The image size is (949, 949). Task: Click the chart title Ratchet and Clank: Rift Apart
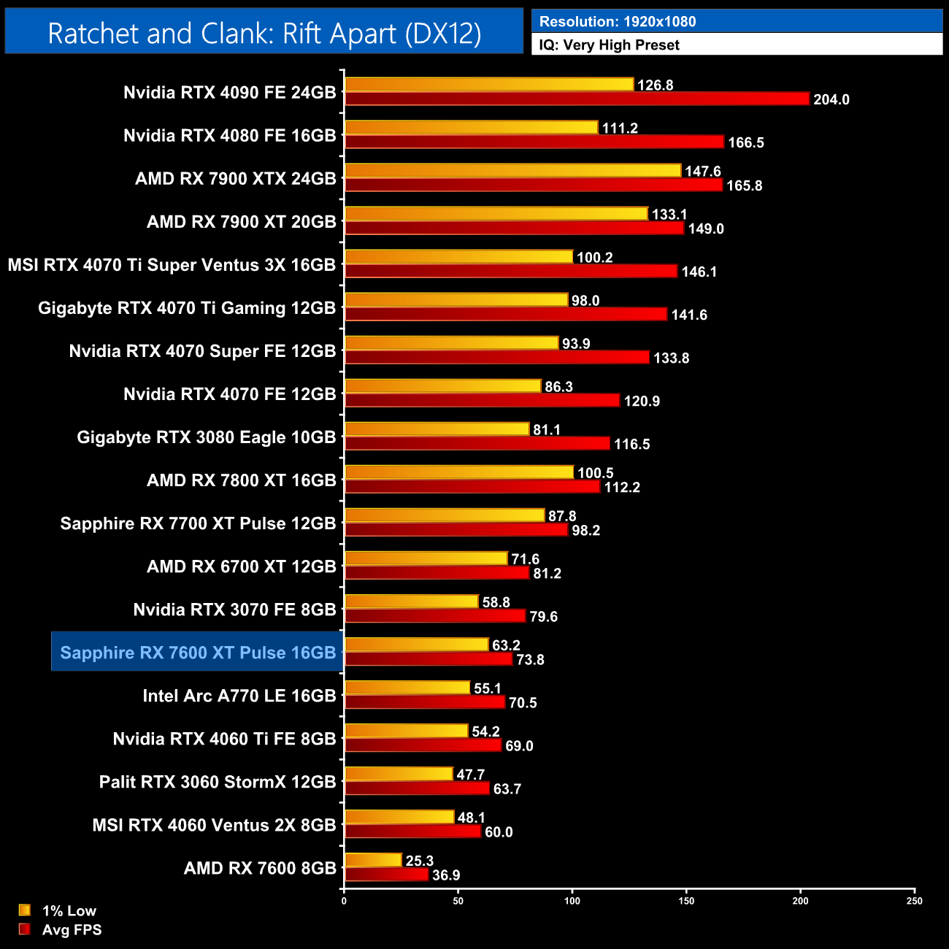[264, 34]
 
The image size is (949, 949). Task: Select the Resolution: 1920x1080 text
[618, 21]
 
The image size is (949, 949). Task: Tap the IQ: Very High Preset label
[609, 45]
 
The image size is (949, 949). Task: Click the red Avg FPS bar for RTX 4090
[577, 99]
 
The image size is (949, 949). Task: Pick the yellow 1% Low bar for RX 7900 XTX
[512, 170]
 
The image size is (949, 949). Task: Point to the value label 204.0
[831, 99]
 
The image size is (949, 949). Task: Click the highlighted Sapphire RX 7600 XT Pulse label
[198, 653]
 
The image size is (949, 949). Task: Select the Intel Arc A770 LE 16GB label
[239, 696]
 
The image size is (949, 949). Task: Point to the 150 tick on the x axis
[686, 901]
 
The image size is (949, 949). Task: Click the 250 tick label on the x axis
[915, 901]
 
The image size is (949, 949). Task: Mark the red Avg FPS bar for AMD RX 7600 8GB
[386, 875]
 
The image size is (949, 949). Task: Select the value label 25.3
[420, 861]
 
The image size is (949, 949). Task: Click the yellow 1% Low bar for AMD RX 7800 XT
[459, 472]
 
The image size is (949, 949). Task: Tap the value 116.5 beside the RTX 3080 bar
[631, 444]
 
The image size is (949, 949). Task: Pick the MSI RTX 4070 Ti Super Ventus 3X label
[172, 265]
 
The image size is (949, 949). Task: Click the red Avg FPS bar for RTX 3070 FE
[435, 616]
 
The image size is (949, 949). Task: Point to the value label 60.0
[499, 832]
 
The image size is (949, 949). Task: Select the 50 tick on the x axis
[458, 901]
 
